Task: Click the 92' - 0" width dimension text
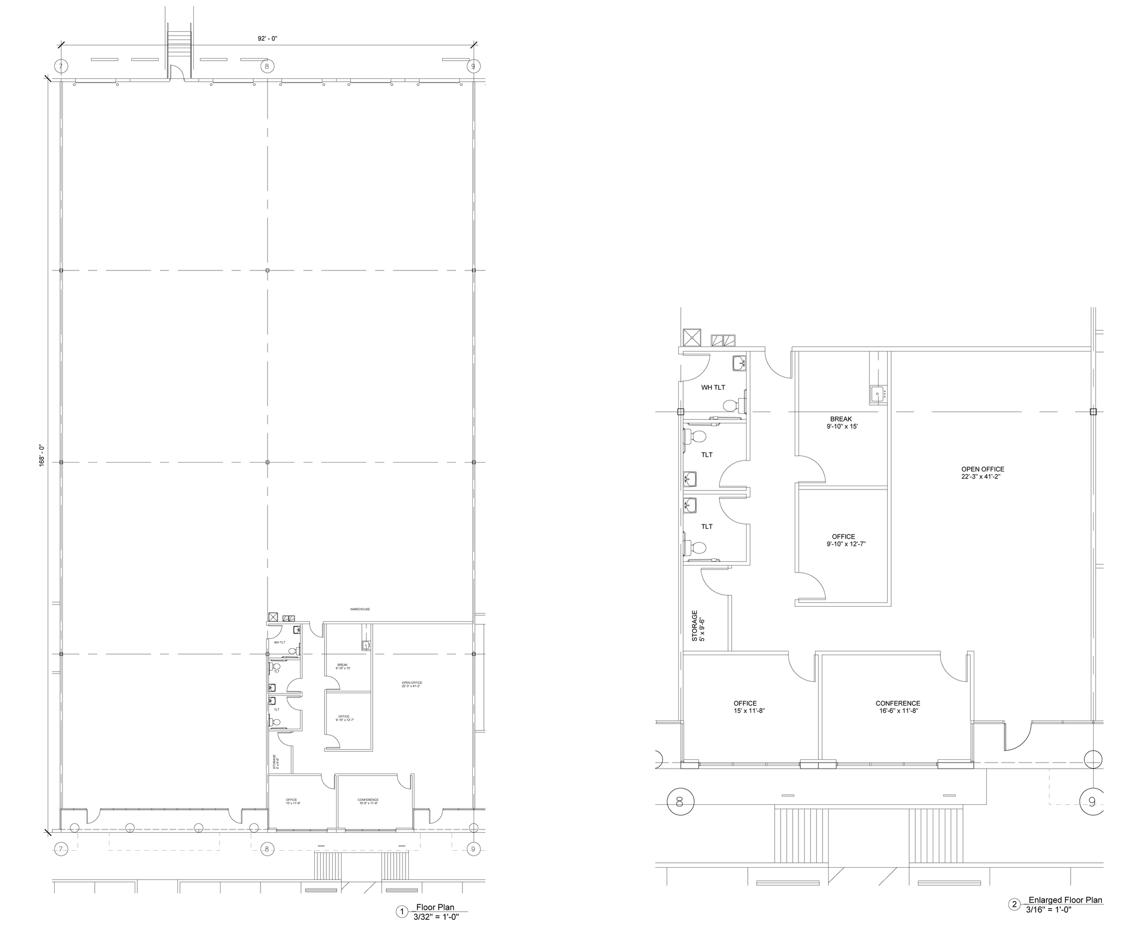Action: [x=268, y=38]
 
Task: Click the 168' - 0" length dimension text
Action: [x=41, y=454]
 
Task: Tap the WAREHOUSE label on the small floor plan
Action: [x=360, y=609]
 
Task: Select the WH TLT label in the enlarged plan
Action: [x=713, y=388]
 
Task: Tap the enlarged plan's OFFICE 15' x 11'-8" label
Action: [x=745, y=707]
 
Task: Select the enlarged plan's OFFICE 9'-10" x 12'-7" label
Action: [x=843, y=540]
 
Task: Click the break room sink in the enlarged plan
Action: [x=877, y=394]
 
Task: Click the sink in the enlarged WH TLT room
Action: [x=739, y=362]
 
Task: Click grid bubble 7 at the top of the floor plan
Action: [x=61, y=66]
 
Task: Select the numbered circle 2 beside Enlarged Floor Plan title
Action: [x=1014, y=905]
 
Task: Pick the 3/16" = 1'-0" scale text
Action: [x=1048, y=910]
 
